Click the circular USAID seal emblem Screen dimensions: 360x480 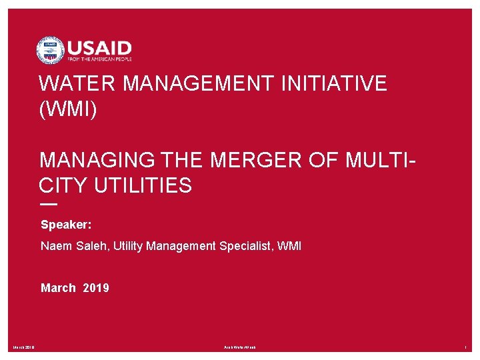[50, 50]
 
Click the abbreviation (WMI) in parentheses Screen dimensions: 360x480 [68, 109]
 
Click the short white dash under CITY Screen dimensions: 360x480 [48, 204]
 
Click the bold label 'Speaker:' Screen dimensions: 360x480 [66, 225]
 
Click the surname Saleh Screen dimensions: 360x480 [91, 246]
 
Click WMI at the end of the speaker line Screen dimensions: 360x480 [289, 246]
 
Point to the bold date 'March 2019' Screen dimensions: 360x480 [75, 288]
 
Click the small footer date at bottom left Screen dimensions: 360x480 [24, 347]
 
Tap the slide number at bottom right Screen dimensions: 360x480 [466, 347]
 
